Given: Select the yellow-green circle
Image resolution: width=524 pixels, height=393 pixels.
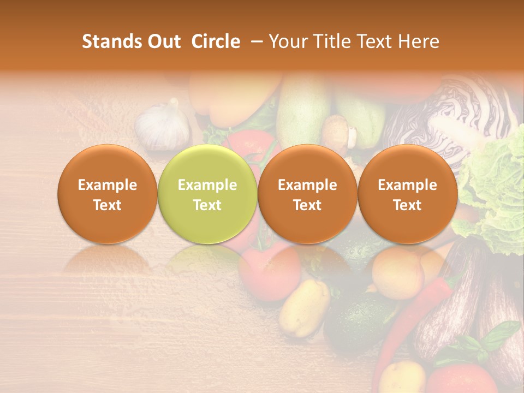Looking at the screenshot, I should (207, 194).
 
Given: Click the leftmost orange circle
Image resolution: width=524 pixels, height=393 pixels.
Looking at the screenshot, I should (107, 194).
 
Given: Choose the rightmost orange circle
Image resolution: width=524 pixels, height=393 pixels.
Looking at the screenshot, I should (407, 194).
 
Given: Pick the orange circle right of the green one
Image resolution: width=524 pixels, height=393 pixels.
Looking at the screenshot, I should (307, 194).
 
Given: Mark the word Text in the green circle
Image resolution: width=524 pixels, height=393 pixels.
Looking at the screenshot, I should (207, 205).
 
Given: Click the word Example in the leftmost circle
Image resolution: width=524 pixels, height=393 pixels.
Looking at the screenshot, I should (107, 185).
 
